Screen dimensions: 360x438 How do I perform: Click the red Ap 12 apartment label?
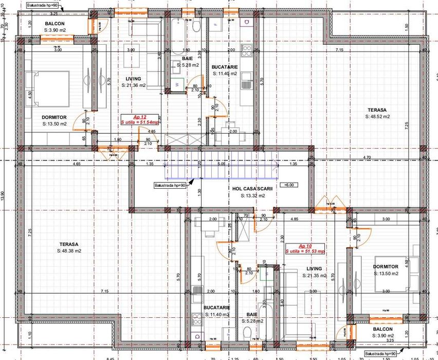pos(139,119)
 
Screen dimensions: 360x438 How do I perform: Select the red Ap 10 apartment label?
pos(305,248)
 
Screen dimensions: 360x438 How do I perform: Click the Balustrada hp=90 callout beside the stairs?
pos(170,185)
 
